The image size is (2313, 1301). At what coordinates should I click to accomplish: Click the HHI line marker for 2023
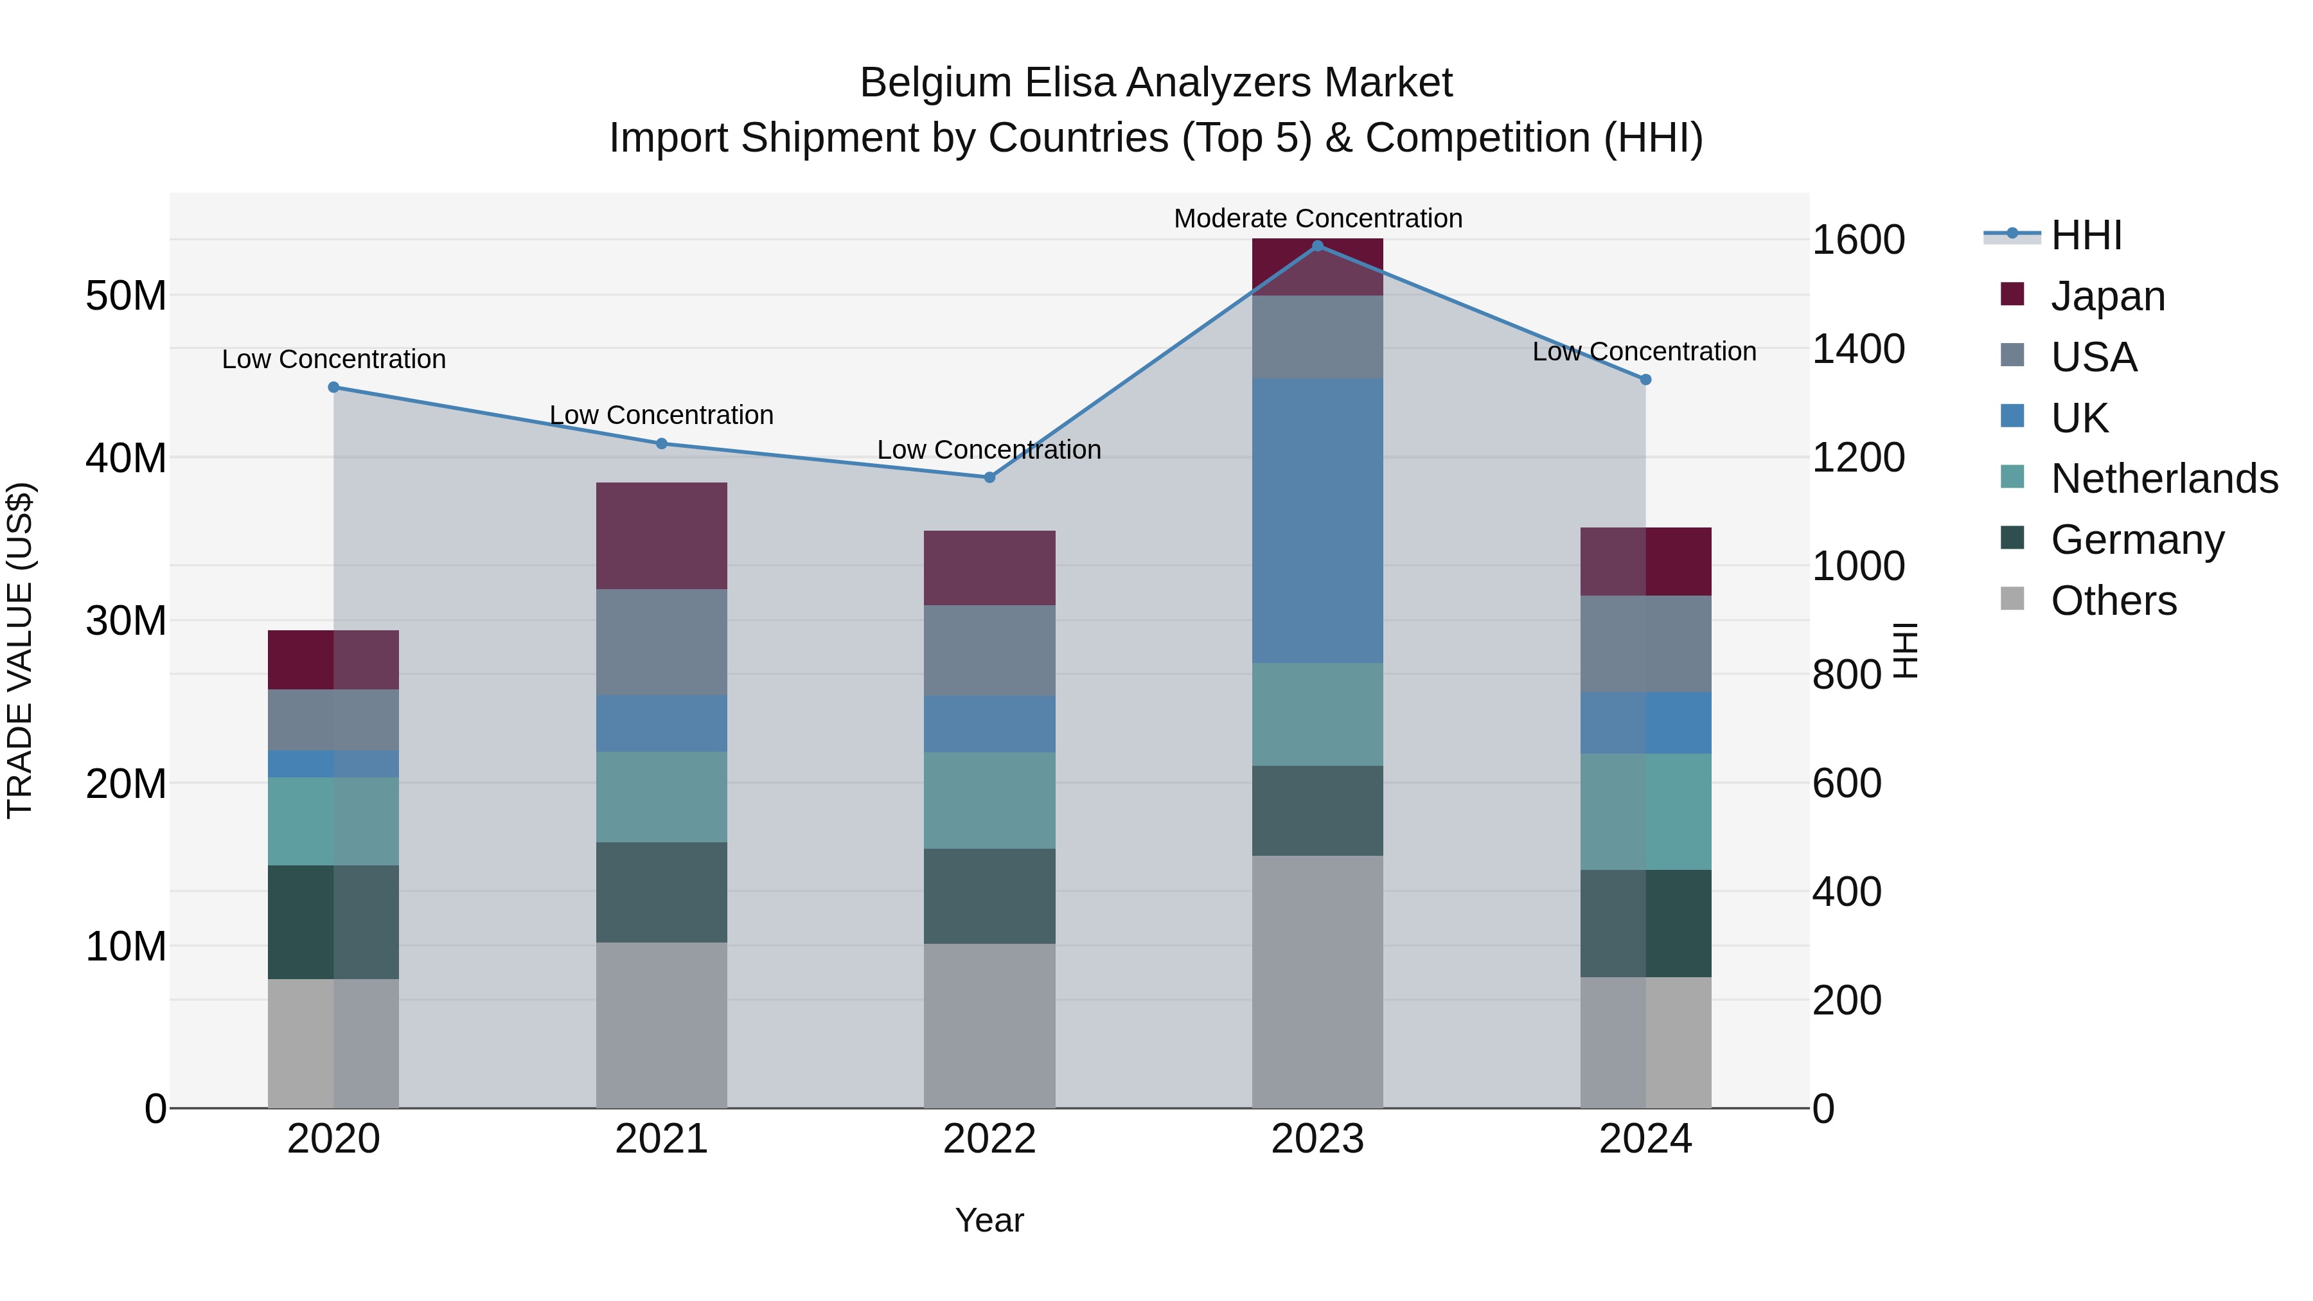pyautogui.click(x=1317, y=246)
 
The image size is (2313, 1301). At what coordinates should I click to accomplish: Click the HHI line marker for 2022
pyautogui.click(x=989, y=477)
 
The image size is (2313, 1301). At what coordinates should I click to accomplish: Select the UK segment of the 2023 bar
pyautogui.click(x=1317, y=521)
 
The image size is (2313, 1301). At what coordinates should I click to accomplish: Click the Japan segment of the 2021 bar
pyautogui.click(x=662, y=536)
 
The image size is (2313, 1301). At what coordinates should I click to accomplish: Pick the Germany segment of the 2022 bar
pyautogui.click(x=989, y=896)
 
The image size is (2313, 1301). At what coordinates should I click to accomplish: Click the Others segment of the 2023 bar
pyautogui.click(x=1317, y=981)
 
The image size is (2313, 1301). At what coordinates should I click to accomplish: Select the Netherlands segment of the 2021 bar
pyautogui.click(x=662, y=797)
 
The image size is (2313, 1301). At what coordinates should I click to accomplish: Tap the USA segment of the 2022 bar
pyautogui.click(x=989, y=650)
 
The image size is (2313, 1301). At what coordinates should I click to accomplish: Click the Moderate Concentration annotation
pyautogui.click(x=1317, y=219)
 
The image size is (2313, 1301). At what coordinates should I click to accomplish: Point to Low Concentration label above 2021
pyautogui.click(x=662, y=416)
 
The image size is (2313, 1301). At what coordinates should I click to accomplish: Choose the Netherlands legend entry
pyautogui.click(x=2164, y=479)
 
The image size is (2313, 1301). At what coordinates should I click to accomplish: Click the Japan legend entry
pyautogui.click(x=2107, y=296)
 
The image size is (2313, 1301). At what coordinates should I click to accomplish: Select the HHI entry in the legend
pyautogui.click(x=2086, y=235)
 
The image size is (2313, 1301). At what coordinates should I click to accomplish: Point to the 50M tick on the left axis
pyautogui.click(x=126, y=296)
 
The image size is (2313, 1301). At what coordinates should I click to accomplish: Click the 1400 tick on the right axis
pyautogui.click(x=1857, y=350)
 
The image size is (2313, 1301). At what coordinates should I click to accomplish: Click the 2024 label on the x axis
pyautogui.click(x=1645, y=1139)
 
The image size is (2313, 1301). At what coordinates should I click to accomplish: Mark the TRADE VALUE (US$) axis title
pyautogui.click(x=21, y=650)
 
